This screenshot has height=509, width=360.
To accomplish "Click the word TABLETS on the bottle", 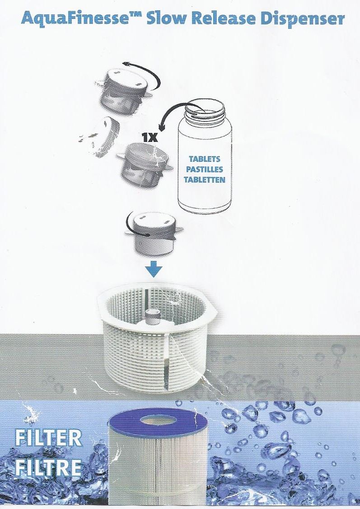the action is (205, 159).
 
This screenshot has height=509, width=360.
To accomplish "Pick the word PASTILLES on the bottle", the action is (205, 169).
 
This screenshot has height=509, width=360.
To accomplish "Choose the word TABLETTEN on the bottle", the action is (205, 180).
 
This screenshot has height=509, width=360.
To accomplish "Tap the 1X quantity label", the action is (150, 138).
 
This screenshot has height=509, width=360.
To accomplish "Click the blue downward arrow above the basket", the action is (154, 269).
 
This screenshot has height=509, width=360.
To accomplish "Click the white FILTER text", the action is (48, 438).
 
